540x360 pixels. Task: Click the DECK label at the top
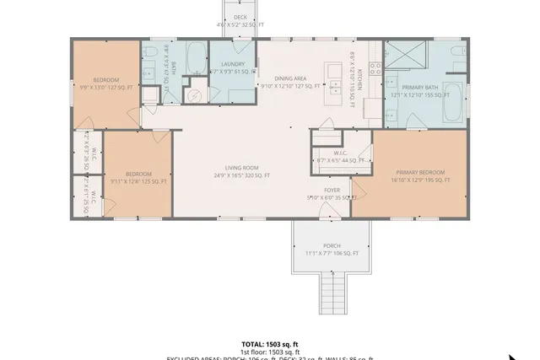click(x=240, y=17)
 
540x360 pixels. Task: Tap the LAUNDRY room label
click(x=233, y=64)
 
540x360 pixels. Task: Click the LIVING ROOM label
click(x=241, y=168)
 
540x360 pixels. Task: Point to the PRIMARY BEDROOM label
click(x=418, y=172)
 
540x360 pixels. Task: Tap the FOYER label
click(x=332, y=191)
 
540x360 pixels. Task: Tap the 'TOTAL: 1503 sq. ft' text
click(x=270, y=344)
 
